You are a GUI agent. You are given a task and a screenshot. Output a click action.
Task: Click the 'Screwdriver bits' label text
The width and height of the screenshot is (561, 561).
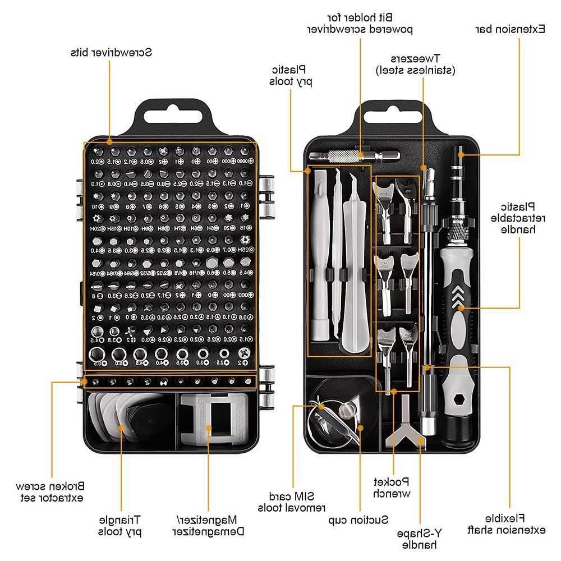[111, 53]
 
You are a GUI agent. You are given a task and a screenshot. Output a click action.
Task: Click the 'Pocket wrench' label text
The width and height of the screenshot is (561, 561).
[392, 487]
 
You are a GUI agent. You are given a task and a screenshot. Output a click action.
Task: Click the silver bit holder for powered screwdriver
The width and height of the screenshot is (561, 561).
[355, 154]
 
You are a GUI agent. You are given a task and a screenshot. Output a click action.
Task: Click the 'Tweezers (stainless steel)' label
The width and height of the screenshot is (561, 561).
[416, 64]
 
